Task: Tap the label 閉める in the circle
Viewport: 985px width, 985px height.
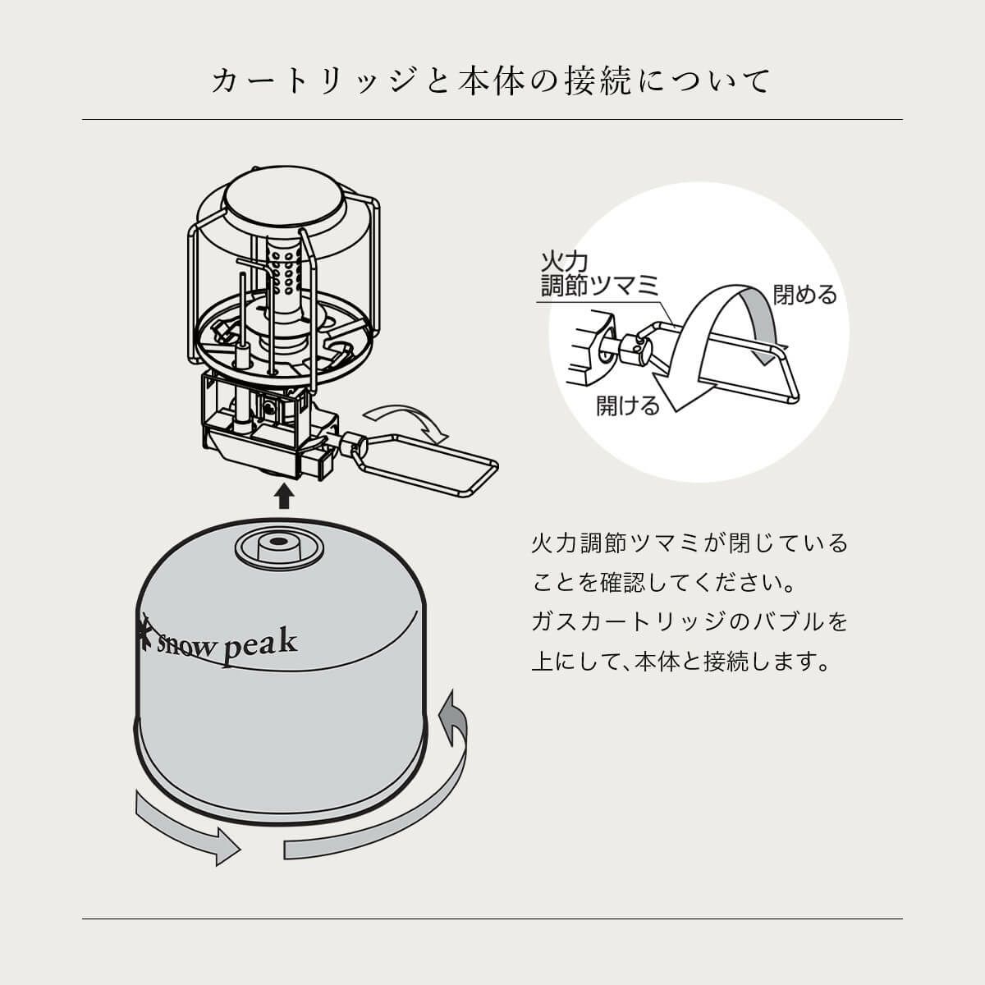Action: point(805,295)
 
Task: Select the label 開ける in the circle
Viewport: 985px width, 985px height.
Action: point(628,405)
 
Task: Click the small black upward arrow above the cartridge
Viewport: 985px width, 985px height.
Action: point(284,497)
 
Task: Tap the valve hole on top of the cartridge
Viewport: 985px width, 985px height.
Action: point(278,541)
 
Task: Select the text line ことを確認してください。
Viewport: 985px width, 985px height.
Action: point(665,583)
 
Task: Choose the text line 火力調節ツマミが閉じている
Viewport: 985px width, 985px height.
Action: point(690,543)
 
